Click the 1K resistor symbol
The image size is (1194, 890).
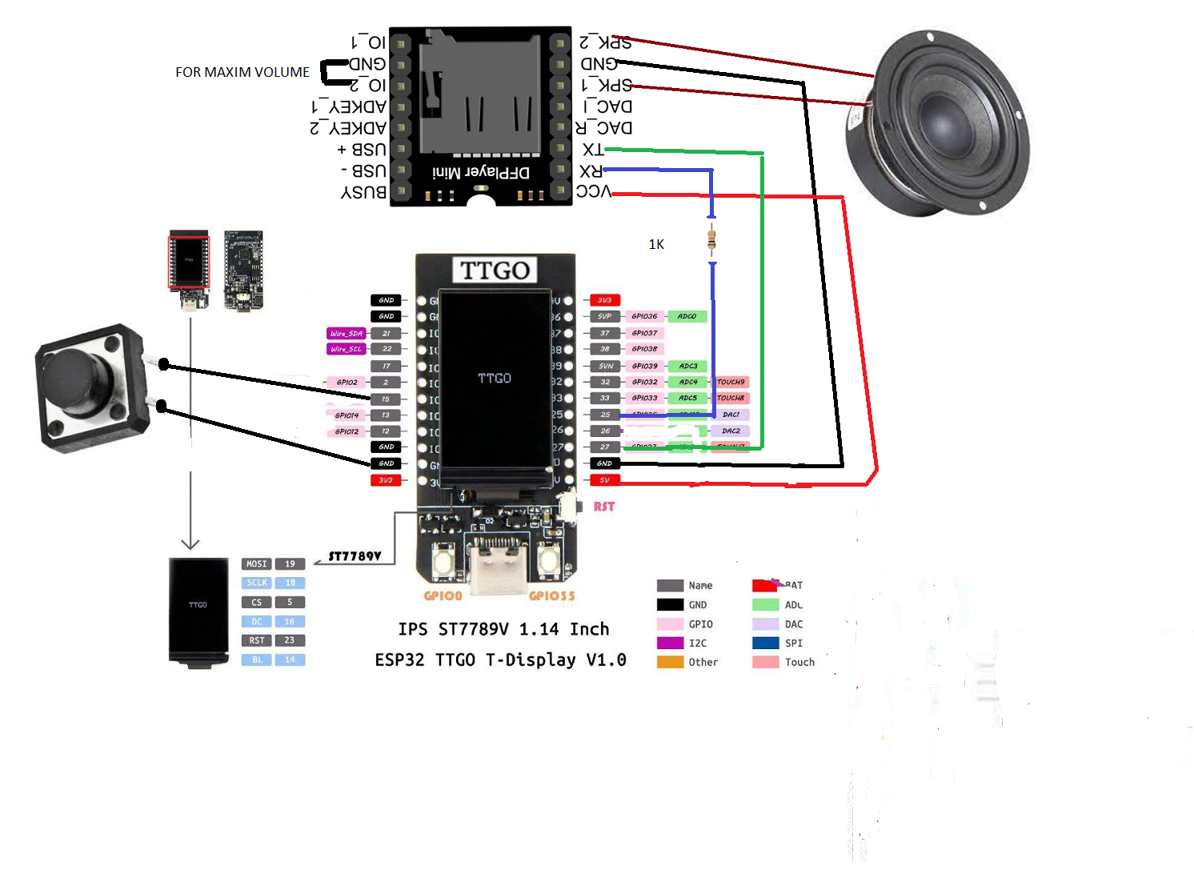coord(711,239)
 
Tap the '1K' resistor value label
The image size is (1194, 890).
coord(656,244)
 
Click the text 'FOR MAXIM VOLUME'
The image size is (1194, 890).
coord(242,72)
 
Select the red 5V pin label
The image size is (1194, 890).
coord(604,480)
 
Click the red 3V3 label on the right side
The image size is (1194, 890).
coord(604,300)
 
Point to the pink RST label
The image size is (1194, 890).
coord(604,507)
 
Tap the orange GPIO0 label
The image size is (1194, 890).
coord(443,595)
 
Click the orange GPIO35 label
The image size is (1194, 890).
coord(551,595)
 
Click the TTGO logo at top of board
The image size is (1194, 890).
coord(495,271)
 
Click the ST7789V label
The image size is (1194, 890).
coord(355,556)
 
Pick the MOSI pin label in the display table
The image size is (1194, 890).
coord(256,563)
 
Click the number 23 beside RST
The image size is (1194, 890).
coord(289,640)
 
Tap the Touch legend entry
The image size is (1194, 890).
coord(799,662)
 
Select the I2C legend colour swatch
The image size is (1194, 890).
coord(670,643)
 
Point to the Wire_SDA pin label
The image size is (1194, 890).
coord(346,333)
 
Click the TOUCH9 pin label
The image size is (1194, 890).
coord(731,382)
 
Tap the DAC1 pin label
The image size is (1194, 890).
coord(731,415)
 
